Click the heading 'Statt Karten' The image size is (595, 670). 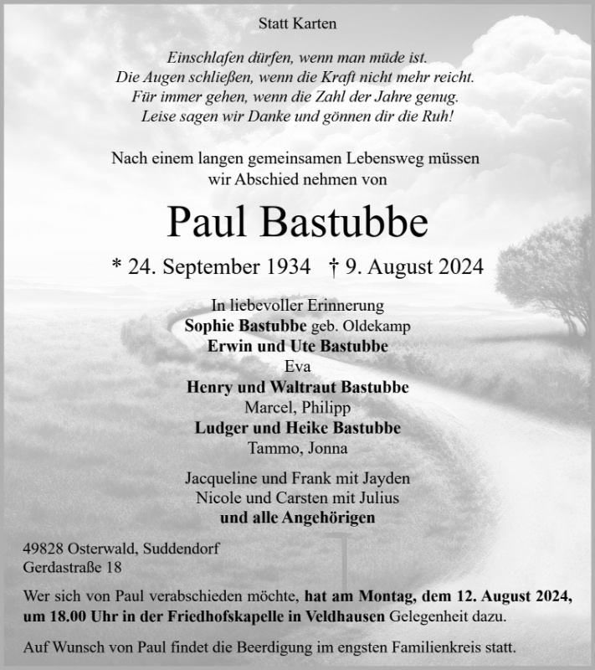297,24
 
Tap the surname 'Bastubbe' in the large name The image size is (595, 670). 346,221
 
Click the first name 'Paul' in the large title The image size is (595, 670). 208,221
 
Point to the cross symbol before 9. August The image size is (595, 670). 335,267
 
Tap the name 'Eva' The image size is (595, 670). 297,366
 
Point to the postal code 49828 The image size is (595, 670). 43,550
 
